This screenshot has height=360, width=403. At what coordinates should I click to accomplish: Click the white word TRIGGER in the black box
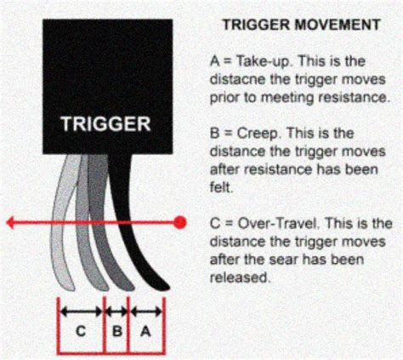[x=106, y=125]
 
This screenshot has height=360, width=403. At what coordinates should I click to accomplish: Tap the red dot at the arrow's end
[x=180, y=224]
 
